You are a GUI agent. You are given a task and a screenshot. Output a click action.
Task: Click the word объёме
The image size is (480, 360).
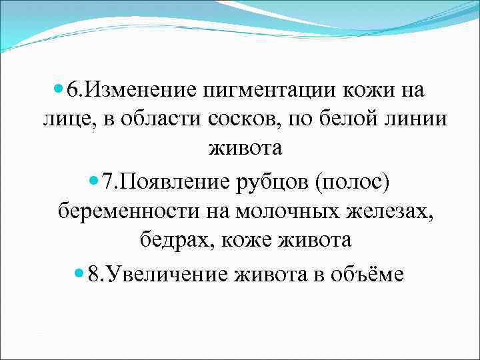click(367, 274)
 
